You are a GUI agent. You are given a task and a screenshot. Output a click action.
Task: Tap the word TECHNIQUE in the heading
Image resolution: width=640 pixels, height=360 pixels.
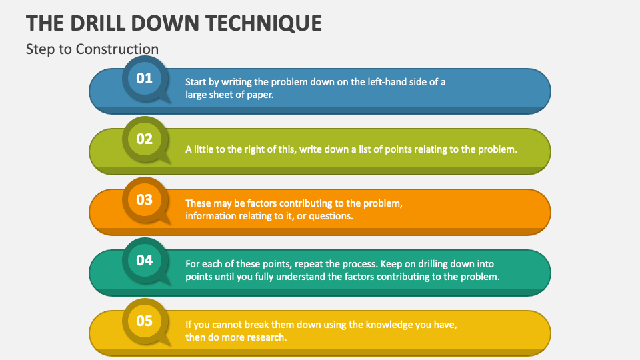[x=264, y=23]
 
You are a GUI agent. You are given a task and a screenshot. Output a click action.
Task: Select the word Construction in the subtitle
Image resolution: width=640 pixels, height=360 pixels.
[x=117, y=49]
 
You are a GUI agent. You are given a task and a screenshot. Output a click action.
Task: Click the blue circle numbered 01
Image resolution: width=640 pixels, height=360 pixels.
[x=145, y=78]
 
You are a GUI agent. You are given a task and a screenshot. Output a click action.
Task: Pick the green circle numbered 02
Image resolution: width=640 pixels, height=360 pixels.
[x=145, y=139]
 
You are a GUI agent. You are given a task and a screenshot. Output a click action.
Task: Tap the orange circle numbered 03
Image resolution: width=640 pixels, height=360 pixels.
[x=145, y=199]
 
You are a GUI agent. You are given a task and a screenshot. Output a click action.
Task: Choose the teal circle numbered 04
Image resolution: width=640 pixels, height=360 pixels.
[x=145, y=260]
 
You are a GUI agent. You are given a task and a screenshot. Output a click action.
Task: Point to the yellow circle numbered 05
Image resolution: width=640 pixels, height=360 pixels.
[x=145, y=321]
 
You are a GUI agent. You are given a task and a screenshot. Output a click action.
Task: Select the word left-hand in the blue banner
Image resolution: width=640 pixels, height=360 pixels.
[x=387, y=81]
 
